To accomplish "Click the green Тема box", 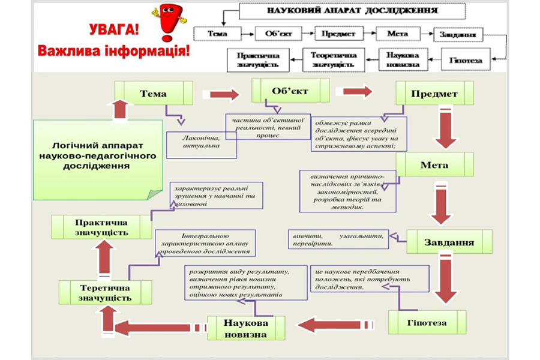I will pyautogui.click(x=154, y=94).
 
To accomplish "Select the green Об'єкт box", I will pyautogui.click(x=290, y=92).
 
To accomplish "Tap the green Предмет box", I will pyautogui.click(x=434, y=94).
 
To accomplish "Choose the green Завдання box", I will pyautogui.click(x=449, y=242).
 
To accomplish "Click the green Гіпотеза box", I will pyautogui.click(x=427, y=322).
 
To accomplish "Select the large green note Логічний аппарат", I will pyautogui.click(x=97, y=157).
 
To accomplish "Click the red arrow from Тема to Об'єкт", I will pyautogui.click(x=220, y=95).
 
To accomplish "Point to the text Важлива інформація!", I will pyautogui.click(x=114, y=50).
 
